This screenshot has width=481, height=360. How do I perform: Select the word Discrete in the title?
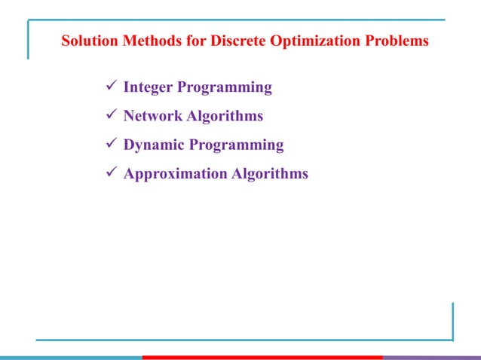point(230,41)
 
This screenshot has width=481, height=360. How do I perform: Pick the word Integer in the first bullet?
point(147,87)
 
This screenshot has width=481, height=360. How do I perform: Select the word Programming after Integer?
point(224,87)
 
